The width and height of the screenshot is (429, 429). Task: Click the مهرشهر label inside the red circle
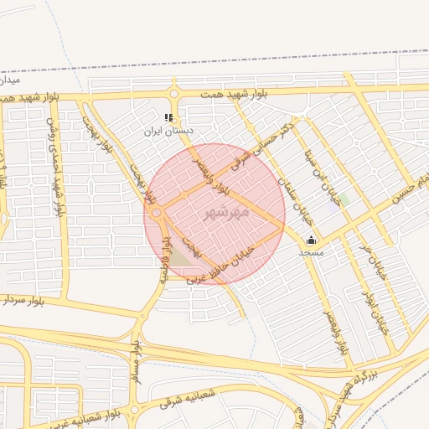[226, 213]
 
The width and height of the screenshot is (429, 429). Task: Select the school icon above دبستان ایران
[168, 118]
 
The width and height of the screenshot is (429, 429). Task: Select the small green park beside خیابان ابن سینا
[344, 199]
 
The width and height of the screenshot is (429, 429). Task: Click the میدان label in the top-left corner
[8, 81]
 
